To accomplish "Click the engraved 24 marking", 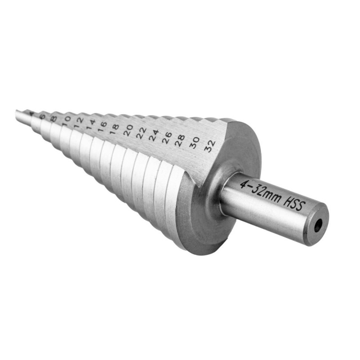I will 154,135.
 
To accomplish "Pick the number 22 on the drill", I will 141,132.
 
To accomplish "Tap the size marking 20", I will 128,130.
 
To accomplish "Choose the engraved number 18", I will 114,127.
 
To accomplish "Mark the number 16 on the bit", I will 102,125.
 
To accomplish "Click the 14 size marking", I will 90,122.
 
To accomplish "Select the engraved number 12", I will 79,120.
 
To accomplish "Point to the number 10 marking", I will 67,119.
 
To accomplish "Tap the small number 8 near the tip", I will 54,118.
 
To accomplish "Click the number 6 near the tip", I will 43,116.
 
